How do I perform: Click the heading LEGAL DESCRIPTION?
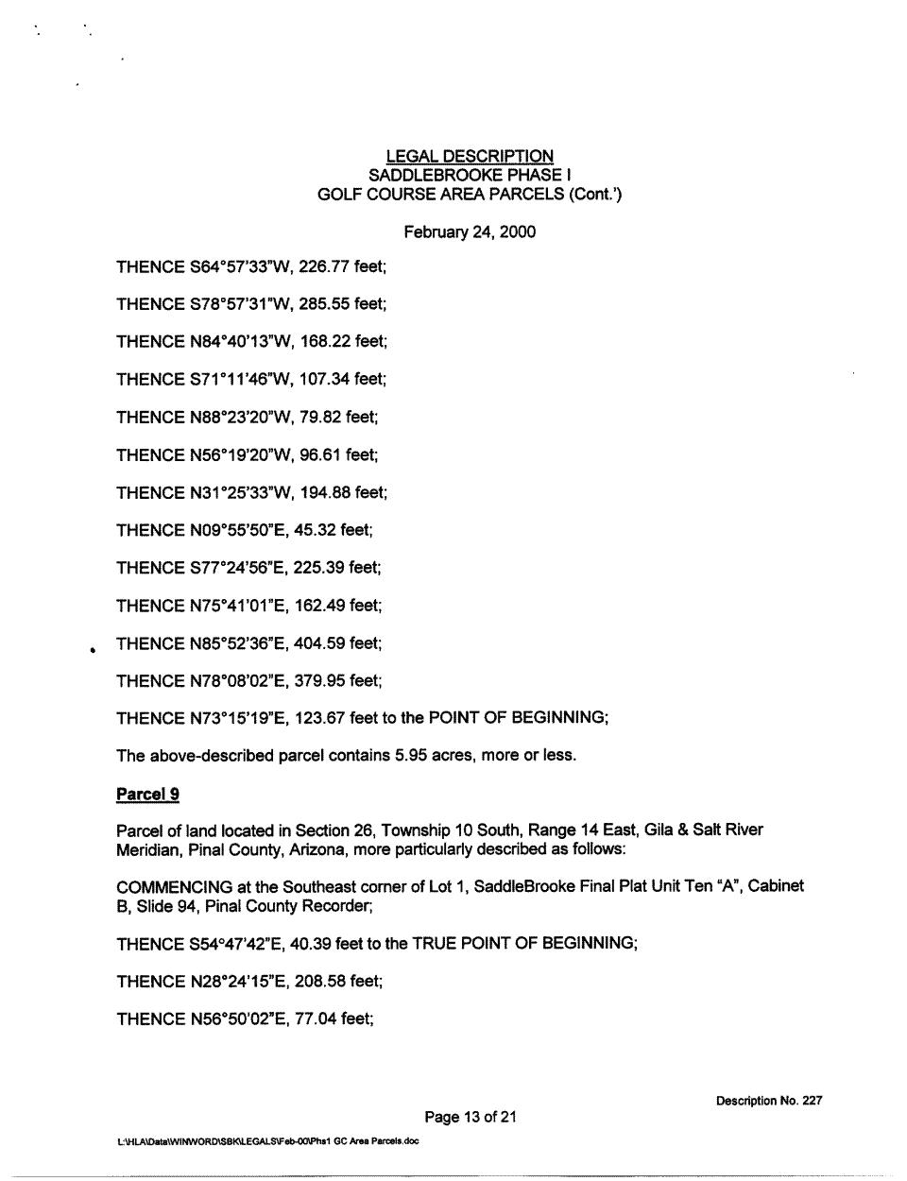[470, 156]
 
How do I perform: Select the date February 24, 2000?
[470, 231]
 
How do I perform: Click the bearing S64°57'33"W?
[240, 266]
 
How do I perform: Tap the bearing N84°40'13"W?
[240, 342]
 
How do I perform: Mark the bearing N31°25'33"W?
[240, 493]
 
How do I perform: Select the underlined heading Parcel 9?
[147, 794]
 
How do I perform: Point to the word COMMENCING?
[174, 887]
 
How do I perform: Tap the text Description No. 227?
[768, 1101]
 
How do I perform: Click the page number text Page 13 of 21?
[470, 1118]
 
